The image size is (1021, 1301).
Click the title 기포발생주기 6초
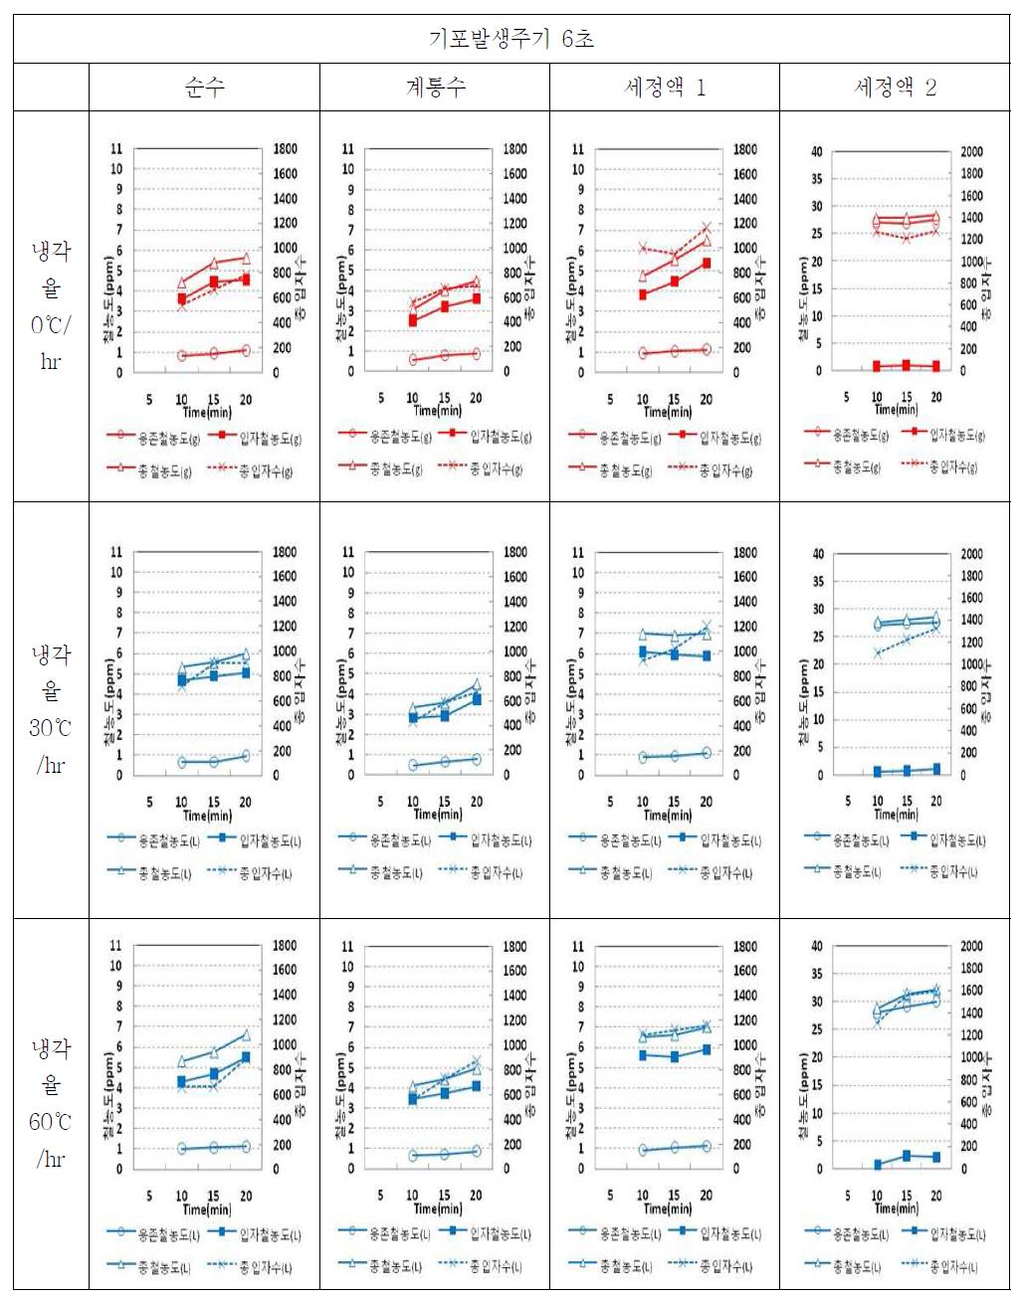(x=510, y=39)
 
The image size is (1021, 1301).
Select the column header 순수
(x=204, y=88)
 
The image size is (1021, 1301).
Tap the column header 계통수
(x=435, y=88)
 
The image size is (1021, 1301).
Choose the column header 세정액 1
(x=665, y=88)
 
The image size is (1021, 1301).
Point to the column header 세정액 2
(x=895, y=88)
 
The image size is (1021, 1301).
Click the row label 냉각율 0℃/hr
(x=51, y=305)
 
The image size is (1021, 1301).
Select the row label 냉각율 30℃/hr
(x=51, y=709)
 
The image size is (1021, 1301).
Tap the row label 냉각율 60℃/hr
(x=51, y=1103)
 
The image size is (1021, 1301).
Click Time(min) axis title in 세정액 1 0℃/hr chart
(x=668, y=411)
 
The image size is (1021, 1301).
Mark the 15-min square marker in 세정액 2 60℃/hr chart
(x=907, y=1156)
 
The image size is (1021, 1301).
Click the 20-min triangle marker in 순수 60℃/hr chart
(x=246, y=1035)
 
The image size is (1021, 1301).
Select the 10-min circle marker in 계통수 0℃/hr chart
(x=413, y=360)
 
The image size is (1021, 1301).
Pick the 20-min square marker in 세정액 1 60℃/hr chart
(x=707, y=1049)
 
